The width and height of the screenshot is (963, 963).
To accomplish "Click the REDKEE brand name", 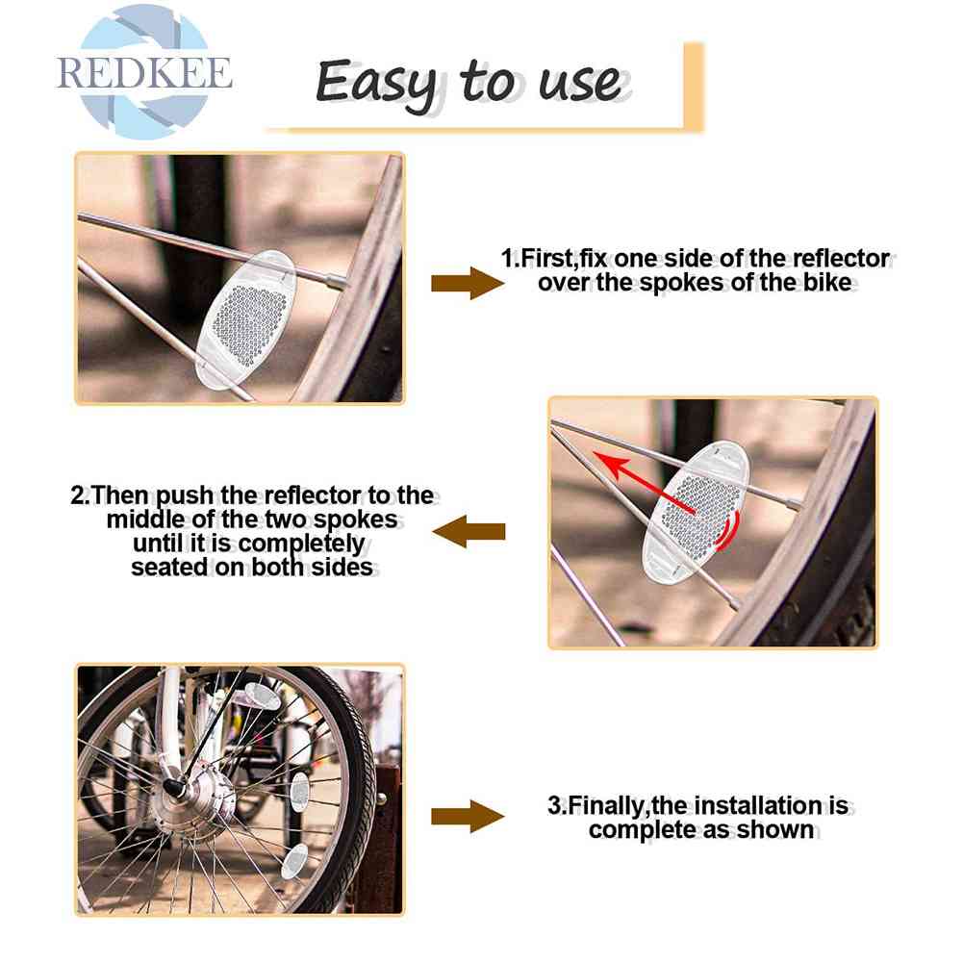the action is (144, 73).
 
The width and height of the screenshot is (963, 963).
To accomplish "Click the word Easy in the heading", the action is (376, 83).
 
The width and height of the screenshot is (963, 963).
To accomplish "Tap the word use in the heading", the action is (581, 83).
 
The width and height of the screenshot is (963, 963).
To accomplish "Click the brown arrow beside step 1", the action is (468, 283).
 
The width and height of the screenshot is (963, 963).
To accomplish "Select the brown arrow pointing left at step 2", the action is (469, 531).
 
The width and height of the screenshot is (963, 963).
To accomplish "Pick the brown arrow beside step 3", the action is (468, 816).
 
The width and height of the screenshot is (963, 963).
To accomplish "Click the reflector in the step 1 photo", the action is (245, 317).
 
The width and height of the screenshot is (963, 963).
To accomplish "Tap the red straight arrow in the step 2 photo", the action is (643, 482).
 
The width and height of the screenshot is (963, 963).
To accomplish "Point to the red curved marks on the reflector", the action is (728, 532).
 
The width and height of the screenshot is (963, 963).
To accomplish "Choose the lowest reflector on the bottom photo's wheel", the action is (294, 860).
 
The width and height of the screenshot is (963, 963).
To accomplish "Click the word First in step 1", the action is (547, 259).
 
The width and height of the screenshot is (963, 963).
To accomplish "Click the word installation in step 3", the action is (756, 805).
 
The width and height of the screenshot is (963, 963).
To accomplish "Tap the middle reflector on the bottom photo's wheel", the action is (299, 793).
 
